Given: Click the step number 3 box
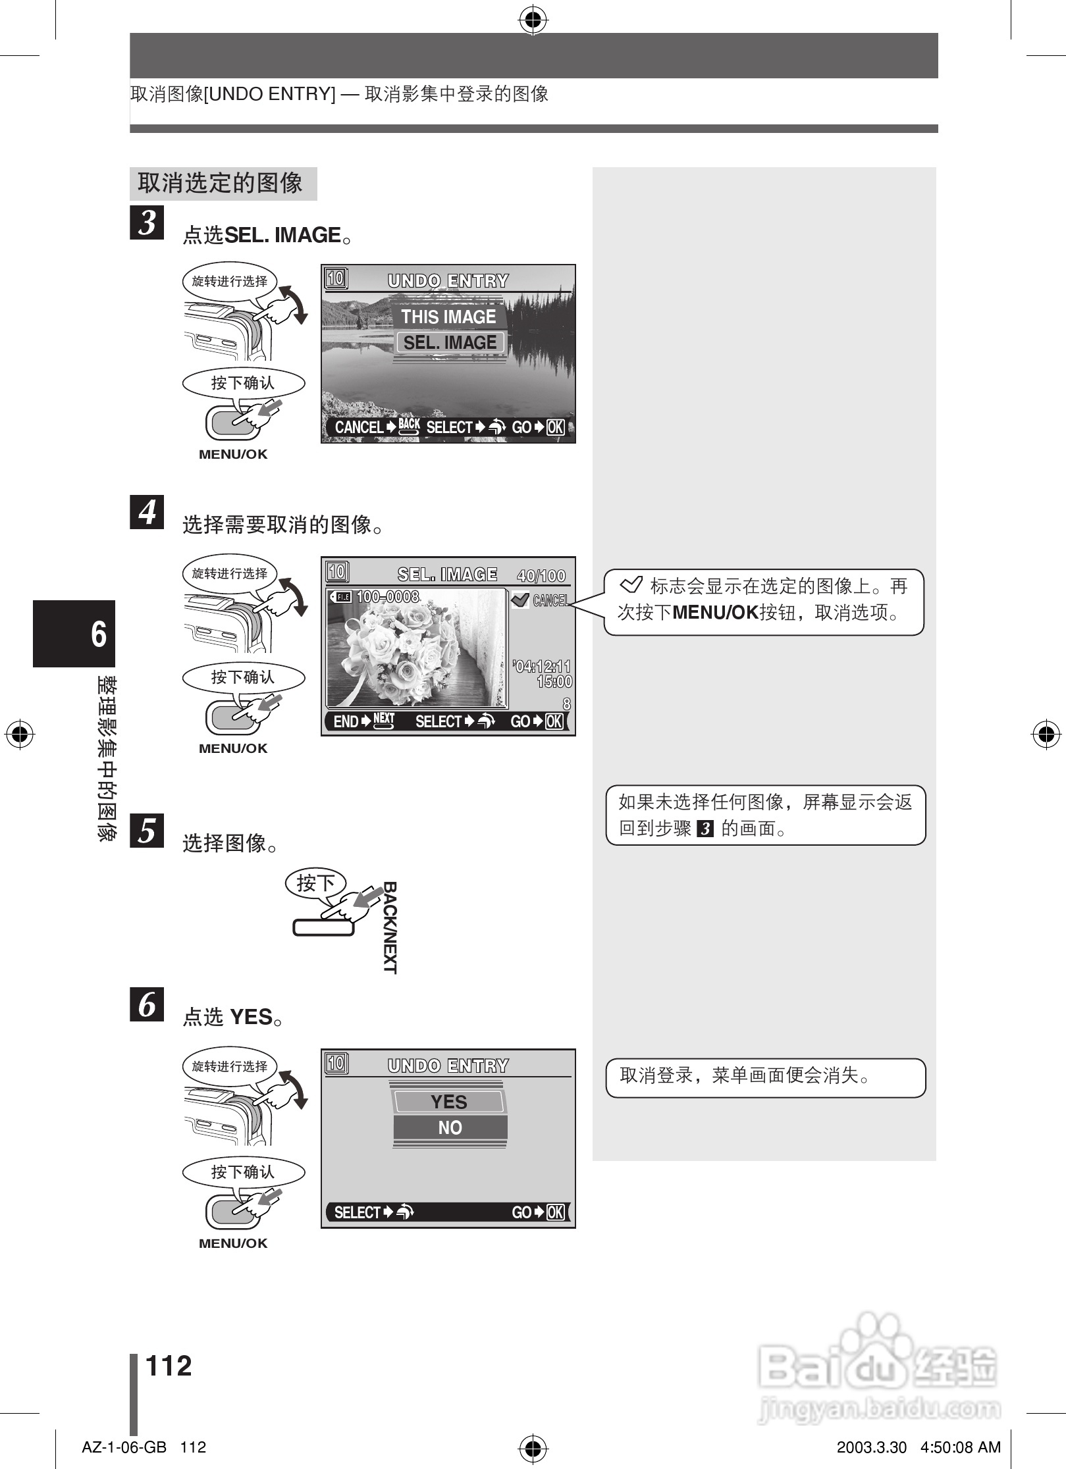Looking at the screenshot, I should pyautogui.click(x=147, y=222).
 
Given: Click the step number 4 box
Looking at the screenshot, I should pyautogui.click(x=147, y=512).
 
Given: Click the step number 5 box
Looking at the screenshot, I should pyautogui.click(x=147, y=830).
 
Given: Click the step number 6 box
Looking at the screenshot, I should pyautogui.click(x=147, y=1004).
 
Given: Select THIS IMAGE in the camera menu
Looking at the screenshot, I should pyautogui.click(x=448, y=317).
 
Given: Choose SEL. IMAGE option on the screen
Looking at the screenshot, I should pyautogui.click(x=450, y=343).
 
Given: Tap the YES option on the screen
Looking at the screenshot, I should pyautogui.click(x=449, y=1102).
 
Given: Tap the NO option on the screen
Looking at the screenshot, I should pyautogui.click(x=450, y=1127).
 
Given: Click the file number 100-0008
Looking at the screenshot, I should pyautogui.click(x=387, y=597).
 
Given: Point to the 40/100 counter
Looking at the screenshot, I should pyautogui.click(x=541, y=576).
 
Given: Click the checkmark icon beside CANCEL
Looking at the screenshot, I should pyautogui.click(x=520, y=600).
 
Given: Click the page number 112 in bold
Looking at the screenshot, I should pyautogui.click(x=169, y=1366).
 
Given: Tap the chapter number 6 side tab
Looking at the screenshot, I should pyautogui.click(x=74, y=633).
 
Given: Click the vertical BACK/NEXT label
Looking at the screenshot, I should pyautogui.click(x=390, y=927).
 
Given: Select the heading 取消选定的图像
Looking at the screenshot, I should pyautogui.click(x=220, y=183).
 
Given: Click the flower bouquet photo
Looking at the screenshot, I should pyautogui.click(x=417, y=648).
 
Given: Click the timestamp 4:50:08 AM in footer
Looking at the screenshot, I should pyautogui.click(x=960, y=1447).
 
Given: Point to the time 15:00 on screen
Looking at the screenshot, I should pyautogui.click(x=554, y=682).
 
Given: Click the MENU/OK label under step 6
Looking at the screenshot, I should pyautogui.click(x=233, y=1243).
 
